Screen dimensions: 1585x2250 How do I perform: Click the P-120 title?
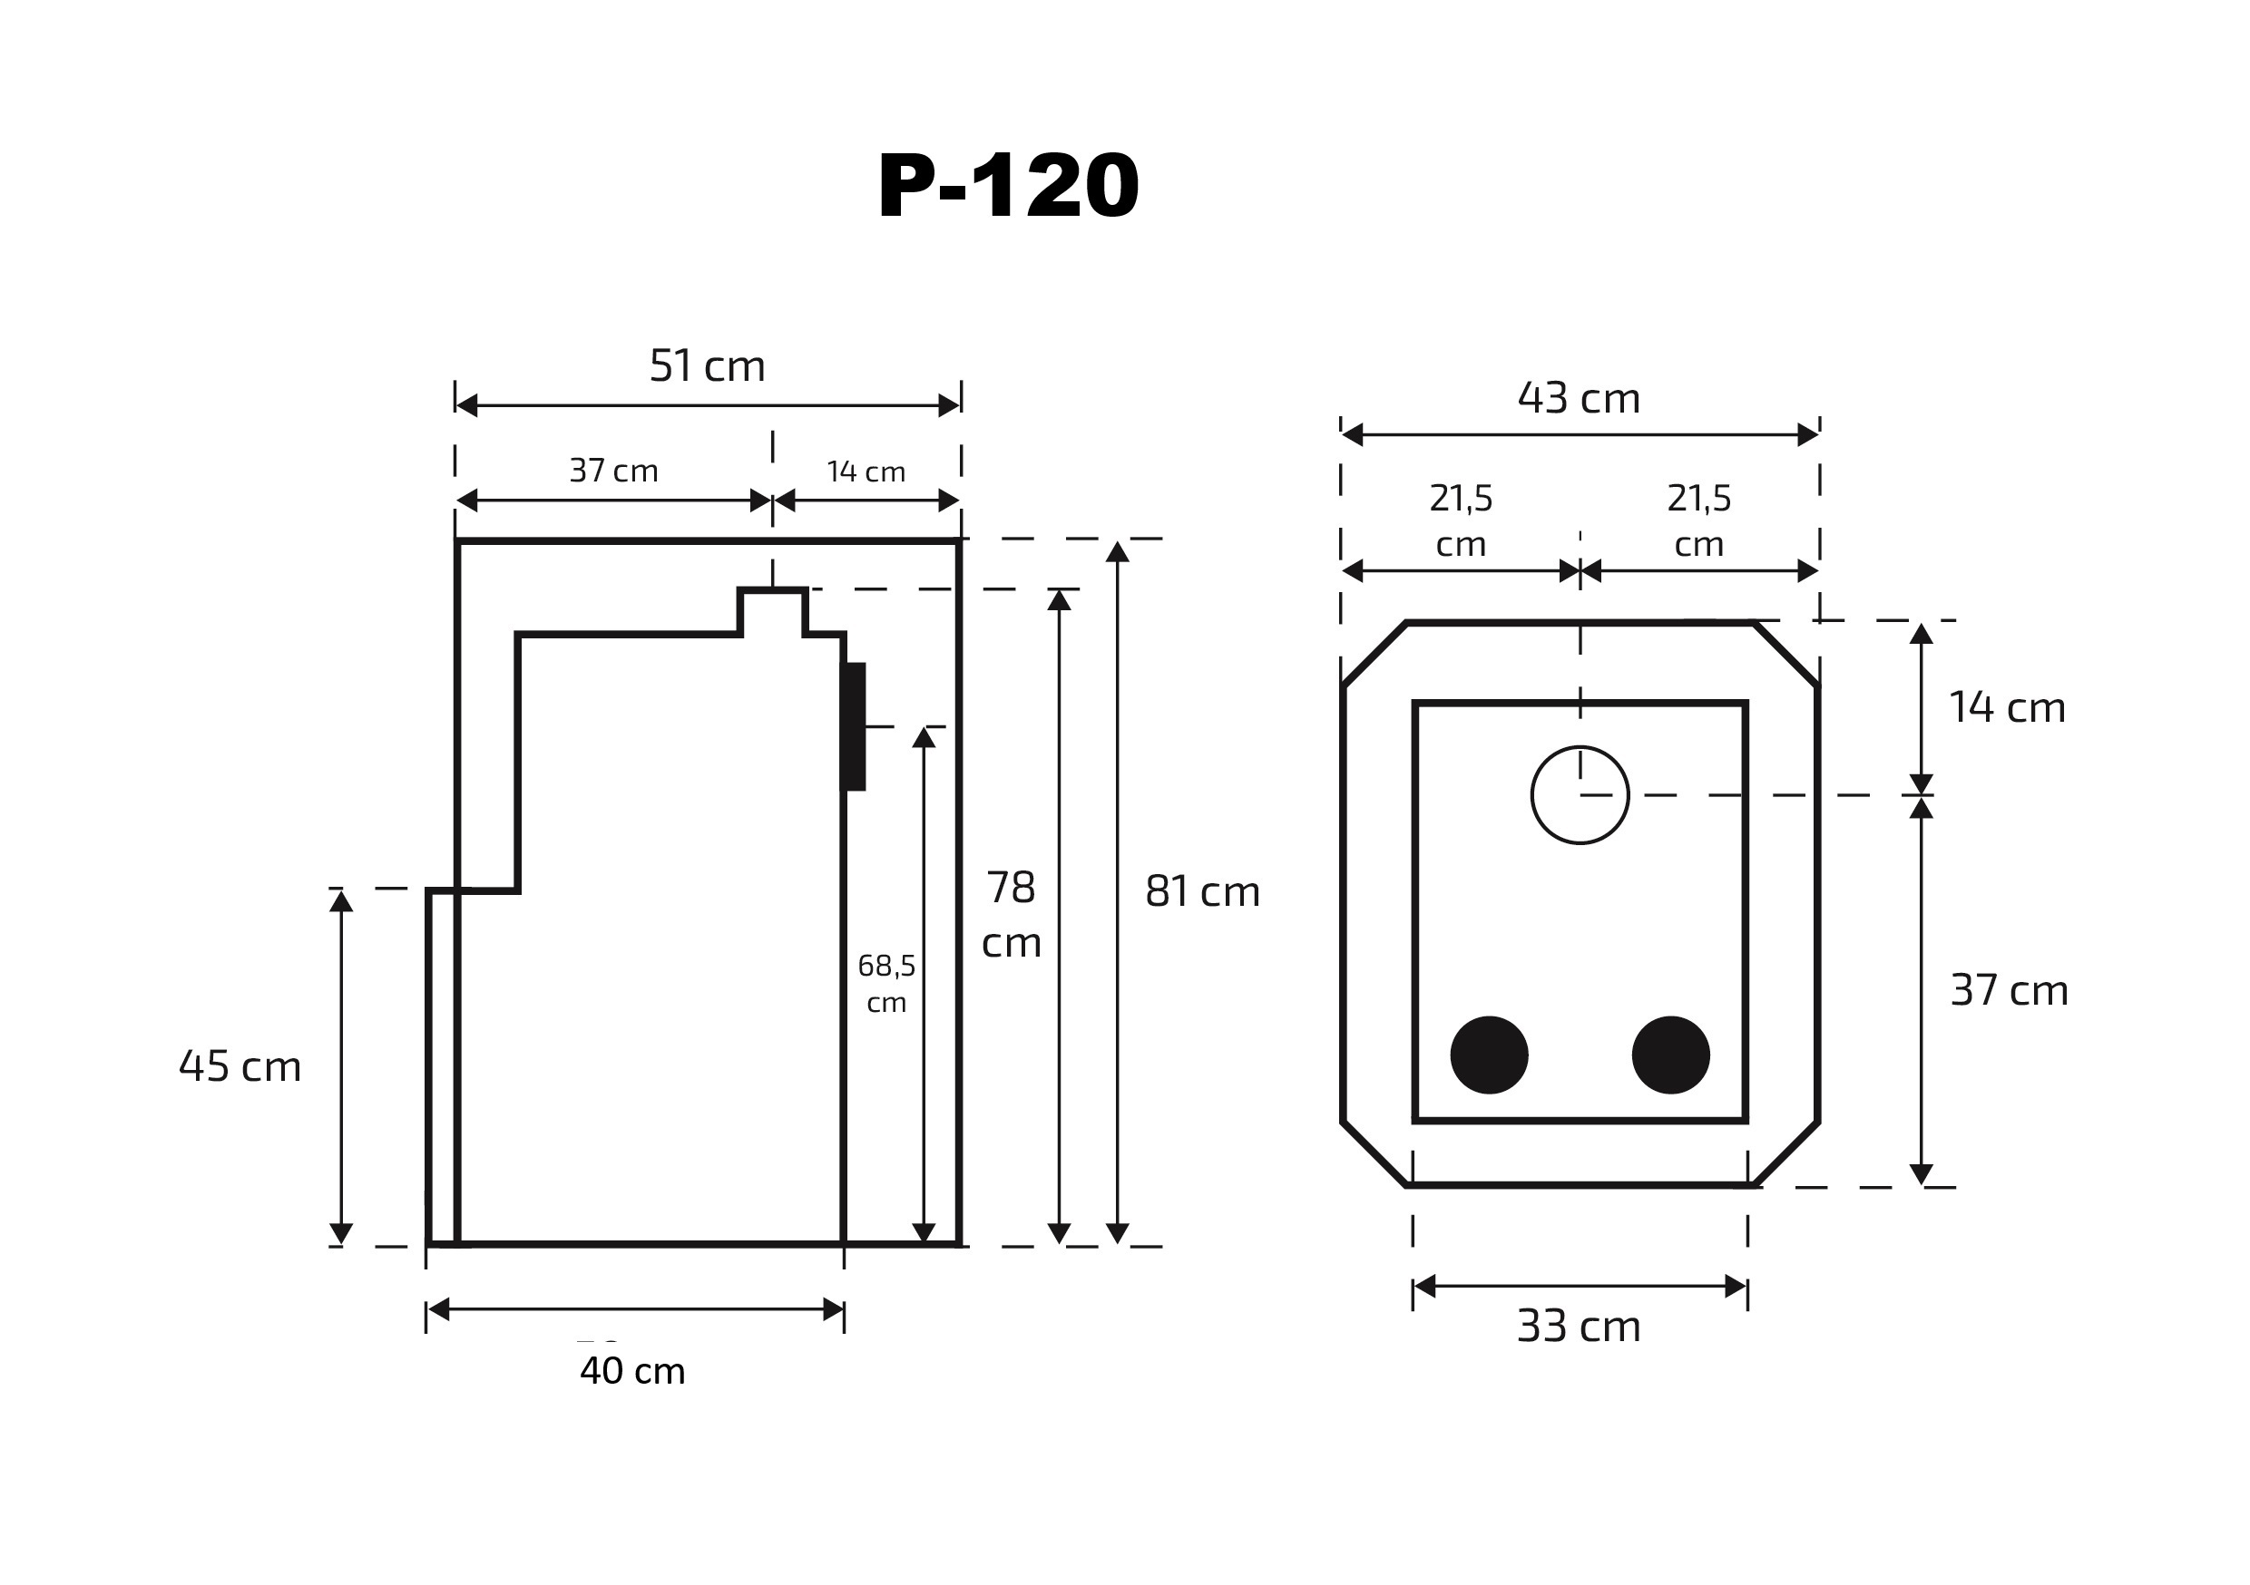click(x=1007, y=186)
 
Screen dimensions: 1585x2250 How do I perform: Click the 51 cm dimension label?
click(x=707, y=366)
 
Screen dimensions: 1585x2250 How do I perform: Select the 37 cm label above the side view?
click(x=613, y=472)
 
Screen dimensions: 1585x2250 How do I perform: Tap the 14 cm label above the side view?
click(x=866, y=472)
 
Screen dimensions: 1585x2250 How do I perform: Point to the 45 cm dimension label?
click(x=240, y=1065)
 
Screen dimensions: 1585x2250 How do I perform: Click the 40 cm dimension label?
click(x=632, y=1370)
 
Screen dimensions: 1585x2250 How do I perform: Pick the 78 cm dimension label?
click(x=1011, y=914)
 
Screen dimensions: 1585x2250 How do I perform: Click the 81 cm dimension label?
click(x=1202, y=891)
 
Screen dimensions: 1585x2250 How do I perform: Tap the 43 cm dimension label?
click(x=1578, y=399)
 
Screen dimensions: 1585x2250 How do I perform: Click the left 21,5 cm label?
click(x=1460, y=520)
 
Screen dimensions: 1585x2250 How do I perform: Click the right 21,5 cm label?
click(x=1698, y=520)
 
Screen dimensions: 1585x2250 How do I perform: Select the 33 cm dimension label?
click(x=1578, y=1327)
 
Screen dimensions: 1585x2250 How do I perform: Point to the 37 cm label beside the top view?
click(x=2008, y=990)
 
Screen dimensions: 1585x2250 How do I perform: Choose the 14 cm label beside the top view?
click(x=2006, y=707)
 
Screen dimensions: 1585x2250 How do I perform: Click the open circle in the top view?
click(x=1579, y=794)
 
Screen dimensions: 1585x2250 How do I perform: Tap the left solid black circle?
click(x=1489, y=1055)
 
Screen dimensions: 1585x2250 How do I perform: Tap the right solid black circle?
click(x=1670, y=1055)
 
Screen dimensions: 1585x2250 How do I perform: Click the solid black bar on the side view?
click(x=855, y=726)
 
